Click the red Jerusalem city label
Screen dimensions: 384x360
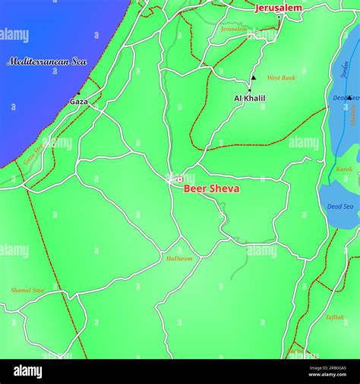pos(278,8)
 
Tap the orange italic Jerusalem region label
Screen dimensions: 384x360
pos(234,29)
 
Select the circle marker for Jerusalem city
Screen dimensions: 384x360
pos(279,17)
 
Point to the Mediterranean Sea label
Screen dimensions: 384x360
pos(47,61)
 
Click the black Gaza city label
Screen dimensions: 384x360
pos(78,101)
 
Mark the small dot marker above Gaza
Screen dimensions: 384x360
pos(77,93)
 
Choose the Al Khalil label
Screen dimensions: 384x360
pos(249,99)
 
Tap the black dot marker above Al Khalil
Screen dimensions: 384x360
pos(249,90)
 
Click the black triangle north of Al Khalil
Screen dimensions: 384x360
pos(254,77)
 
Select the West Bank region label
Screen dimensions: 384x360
pos(281,78)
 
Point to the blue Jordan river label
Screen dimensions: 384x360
pos(345,71)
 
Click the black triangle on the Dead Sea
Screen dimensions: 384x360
pos(349,97)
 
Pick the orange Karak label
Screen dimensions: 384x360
pos(344,168)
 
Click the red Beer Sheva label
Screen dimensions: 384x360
pos(212,189)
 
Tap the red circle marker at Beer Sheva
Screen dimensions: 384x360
pos(180,180)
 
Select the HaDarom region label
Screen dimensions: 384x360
pos(179,259)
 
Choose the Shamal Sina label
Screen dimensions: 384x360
pos(27,291)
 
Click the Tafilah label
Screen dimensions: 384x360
pos(334,317)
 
